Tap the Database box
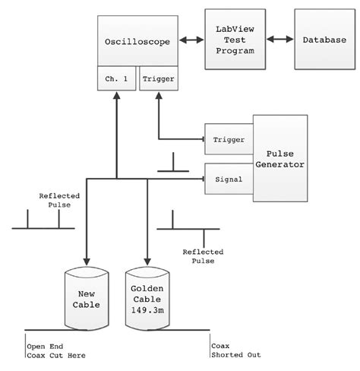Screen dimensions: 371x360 click(321, 39)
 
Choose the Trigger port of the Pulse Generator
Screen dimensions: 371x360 click(228, 139)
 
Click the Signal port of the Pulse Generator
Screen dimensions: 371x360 click(228, 179)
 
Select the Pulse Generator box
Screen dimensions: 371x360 click(280, 158)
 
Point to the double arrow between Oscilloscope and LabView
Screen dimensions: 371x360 click(191, 39)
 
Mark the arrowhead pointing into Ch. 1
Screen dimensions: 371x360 click(116, 96)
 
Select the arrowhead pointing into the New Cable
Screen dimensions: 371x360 click(86, 260)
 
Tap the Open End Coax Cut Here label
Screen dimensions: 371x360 click(57, 350)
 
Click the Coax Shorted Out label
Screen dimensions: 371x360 click(229, 350)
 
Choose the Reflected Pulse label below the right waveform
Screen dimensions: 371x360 click(200, 255)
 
